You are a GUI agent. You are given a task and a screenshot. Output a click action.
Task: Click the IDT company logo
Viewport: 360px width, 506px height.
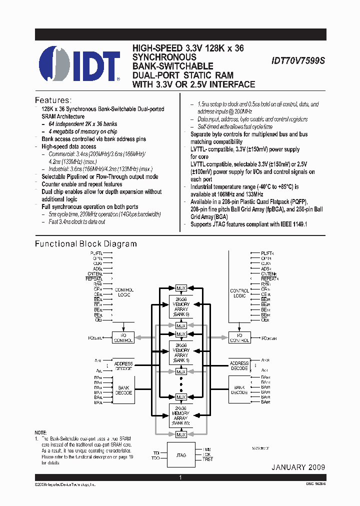[x=79, y=63]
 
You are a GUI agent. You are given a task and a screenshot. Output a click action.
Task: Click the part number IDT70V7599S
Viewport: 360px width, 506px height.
[x=298, y=60]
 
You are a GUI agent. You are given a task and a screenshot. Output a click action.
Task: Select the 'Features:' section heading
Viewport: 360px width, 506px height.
[x=53, y=100]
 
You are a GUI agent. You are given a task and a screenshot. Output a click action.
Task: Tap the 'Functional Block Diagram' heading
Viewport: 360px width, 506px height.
[x=85, y=244]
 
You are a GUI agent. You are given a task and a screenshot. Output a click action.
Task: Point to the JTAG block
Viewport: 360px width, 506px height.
[x=180, y=455]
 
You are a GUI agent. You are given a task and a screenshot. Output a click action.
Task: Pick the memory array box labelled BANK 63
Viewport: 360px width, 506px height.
[x=181, y=416]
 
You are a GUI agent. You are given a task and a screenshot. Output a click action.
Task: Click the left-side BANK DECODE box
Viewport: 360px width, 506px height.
[x=124, y=390]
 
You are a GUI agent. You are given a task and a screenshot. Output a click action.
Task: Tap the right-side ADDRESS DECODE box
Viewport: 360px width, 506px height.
[x=239, y=366]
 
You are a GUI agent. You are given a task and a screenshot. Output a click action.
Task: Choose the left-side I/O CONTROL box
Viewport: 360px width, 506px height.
[x=123, y=338]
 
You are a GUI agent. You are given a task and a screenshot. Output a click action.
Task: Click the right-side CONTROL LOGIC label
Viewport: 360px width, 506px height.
[x=239, y=293]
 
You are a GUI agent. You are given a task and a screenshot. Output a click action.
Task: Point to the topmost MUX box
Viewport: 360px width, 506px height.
[x=181, y=288]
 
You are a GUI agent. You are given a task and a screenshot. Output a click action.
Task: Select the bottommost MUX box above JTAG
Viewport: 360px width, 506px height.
[x=181, y=435]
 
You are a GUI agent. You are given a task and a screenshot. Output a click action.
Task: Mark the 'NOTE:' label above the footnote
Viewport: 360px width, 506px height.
[x=40, y=432]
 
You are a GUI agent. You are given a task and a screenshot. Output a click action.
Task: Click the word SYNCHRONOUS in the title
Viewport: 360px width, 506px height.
[x=164, y=57]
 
